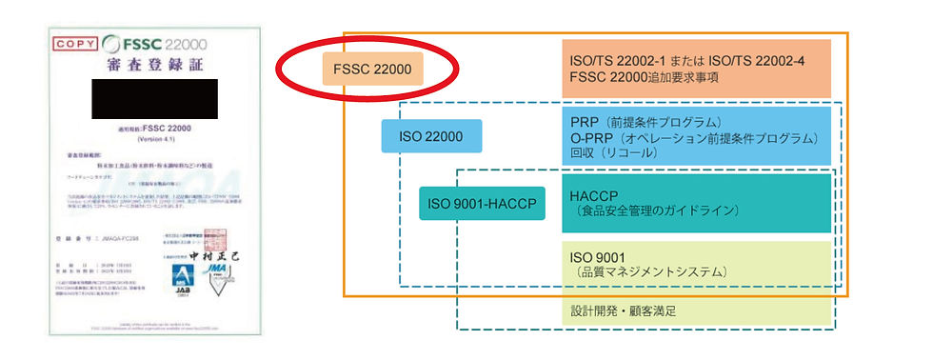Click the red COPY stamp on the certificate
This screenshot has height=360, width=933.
click(75, 44)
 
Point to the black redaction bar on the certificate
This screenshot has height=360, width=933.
click(154, 99)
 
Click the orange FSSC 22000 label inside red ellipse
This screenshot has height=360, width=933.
click(372, 70)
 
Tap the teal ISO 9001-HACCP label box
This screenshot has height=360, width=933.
click(482, 203)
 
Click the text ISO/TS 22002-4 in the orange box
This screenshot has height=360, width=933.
click(756, 61)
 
